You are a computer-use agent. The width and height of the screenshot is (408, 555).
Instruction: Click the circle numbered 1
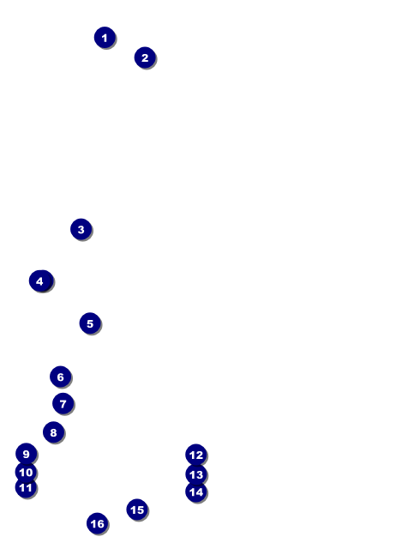click(x=105, y=38)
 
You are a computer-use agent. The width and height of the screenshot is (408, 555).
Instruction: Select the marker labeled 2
click(x=145, y=57)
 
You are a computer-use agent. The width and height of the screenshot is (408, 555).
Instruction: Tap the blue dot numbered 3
click(x=81, y=229)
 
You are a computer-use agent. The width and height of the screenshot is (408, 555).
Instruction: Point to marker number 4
click(x=40, y=281)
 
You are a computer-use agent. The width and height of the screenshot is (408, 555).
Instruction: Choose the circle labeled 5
click(x=90, y=323)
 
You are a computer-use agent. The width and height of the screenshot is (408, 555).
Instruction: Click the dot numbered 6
click(x=60, y=377)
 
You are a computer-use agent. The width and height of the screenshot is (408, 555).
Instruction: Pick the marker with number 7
click(x=63, y=403)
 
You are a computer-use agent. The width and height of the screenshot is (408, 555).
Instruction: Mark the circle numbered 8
click(x=53, y=432)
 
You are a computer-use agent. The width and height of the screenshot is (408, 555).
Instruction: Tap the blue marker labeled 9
click(x=26, y=454)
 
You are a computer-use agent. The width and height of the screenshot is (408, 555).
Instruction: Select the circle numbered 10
click(x=26, y=472)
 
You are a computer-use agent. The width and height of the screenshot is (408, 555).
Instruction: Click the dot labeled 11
click(x=26, y=487)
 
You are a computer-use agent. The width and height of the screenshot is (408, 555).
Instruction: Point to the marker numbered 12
click(x=196, y=455)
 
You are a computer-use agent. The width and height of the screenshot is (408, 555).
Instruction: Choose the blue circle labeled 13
click(x=196, y=474)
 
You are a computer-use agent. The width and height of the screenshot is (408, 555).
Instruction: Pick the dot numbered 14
click(x=196, y=492)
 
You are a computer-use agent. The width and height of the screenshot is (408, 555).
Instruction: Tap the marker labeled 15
click(x=137, y=510)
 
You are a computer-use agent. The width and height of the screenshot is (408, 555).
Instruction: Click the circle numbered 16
click(x=98, y=523)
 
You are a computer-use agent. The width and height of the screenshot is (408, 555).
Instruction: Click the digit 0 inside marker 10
click(x=29, y=472)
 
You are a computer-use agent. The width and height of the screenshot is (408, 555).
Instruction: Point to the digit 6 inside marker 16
click(x=101, y=523)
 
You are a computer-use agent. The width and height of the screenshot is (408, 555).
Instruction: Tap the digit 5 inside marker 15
click(x=141, y=510)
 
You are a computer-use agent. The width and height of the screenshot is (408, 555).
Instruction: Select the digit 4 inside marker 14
click(x=200, y=492)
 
